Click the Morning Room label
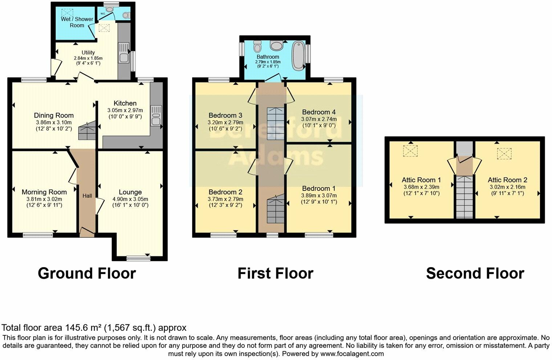44,192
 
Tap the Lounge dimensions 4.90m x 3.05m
130,199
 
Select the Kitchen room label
125,103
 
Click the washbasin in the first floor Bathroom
277,45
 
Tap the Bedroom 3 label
225,115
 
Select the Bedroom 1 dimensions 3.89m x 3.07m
318,195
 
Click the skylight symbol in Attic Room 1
410,151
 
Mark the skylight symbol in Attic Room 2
504,154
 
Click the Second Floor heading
475,273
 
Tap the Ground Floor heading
87,273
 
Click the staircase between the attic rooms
464,196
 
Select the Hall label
87,196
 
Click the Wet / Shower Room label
77,22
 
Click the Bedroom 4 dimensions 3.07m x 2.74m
318,119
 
